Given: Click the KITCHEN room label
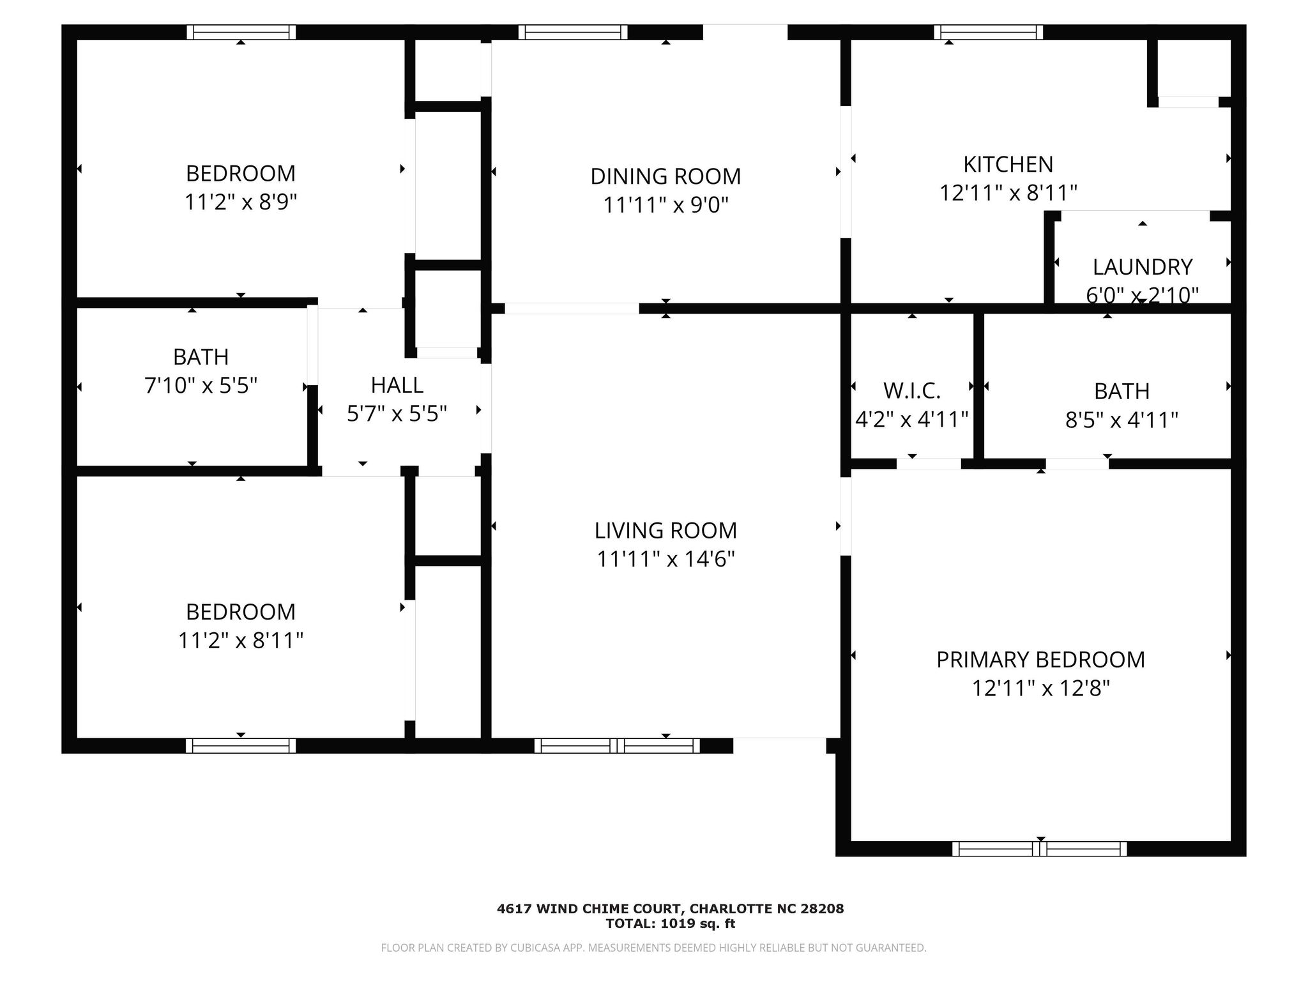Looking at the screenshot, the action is [x=1008, y=165].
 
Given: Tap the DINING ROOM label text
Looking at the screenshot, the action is [x=665, y=176].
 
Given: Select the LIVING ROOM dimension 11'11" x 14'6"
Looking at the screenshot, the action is [x=665, y=559].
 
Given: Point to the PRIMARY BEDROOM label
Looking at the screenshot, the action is [x=1040, y=660].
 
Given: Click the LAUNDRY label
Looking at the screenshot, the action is [x=1143, y=267].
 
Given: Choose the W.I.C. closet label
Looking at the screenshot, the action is [x=912, y=390].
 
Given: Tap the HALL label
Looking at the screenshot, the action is [x=397, y=385].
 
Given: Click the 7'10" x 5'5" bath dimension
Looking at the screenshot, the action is [x=201, y=386].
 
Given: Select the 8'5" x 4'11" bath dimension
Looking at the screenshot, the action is [x=1122, y=420].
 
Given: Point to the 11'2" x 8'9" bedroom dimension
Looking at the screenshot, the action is [x=241, y=202].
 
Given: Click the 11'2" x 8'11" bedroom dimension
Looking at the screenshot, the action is [x=241, y=641].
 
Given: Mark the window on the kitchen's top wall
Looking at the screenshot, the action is [x=989, y=32].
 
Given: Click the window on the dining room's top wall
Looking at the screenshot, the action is [x=573, y=32].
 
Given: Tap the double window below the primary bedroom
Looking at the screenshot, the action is [x=1040, y=849].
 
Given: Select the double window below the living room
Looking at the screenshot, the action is [x=617, y=745].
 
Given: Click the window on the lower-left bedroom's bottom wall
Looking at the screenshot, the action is [x=241, y=745].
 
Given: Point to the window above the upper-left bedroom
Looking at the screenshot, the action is [x=241, y=32].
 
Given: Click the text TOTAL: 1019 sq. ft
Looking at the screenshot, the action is [x=671, y=924].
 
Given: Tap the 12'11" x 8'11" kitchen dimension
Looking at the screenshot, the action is [x=1008, y=193].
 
